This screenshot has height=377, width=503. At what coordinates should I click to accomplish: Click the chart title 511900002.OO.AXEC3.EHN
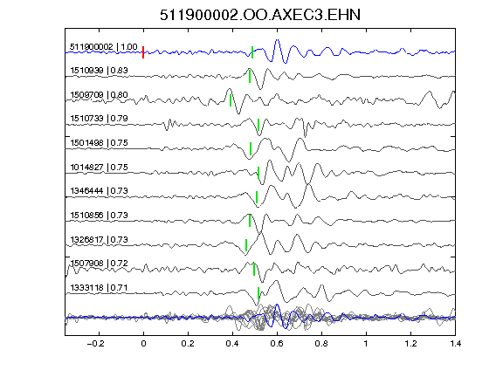[x=260, y=15]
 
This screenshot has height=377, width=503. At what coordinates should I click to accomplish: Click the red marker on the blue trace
[x=143, y=52]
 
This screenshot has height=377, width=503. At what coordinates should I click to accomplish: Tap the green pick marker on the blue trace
[x=252, y=52]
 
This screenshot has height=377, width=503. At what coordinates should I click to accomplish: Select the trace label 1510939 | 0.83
[x=100, y=71]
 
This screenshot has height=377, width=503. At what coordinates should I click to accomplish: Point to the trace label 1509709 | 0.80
[x=100, y=95]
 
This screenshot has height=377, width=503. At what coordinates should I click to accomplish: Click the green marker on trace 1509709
[x=231, y=100]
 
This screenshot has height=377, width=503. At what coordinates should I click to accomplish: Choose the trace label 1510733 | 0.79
[x=100, y=119]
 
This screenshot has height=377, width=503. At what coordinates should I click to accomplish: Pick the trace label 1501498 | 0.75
[x=100, y=143]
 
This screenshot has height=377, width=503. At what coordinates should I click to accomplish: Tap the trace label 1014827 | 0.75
[x=100, y=168]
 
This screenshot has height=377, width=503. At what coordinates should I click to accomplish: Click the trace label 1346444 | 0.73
[x=100, y=191]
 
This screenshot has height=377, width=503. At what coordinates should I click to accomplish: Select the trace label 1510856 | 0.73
[x=100, y=215]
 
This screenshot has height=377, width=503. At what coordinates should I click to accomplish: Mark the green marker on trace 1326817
[x=246, y=245]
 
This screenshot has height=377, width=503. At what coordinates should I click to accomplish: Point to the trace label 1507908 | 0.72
[x=100, y=264]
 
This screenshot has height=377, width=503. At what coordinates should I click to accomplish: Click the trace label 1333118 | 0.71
[x=100, y=288]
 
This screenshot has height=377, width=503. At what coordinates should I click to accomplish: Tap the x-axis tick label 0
[x=143, y=344]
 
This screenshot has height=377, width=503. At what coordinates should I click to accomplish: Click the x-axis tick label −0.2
[x=96, y=344]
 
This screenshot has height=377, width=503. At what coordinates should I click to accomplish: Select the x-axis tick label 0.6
[x=277, y=344]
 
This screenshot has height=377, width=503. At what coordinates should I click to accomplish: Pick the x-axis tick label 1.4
[x=455, y=344]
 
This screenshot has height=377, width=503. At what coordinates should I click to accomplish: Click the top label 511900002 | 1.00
[x=104, y=47]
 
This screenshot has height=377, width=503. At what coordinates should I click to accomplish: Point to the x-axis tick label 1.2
[x=410, y=344]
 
